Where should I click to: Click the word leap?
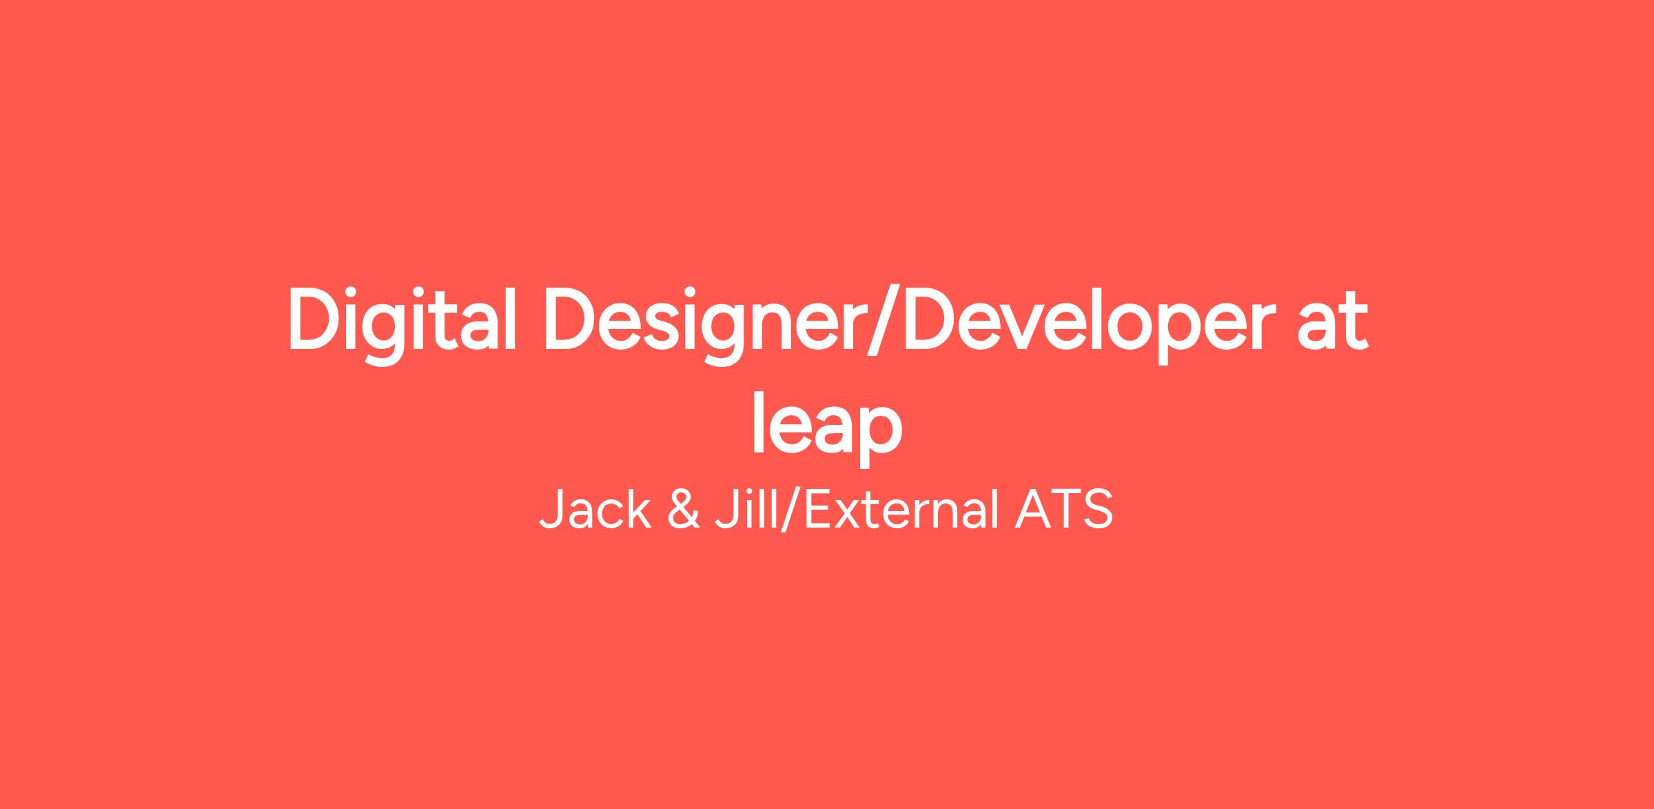coord(827,428)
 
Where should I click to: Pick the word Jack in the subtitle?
coord(595,510)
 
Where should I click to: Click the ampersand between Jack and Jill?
coord(684,510)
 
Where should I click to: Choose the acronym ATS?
coord(1063,510)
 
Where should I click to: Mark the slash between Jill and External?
coord(790,510)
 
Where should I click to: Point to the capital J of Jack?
coord(551,510)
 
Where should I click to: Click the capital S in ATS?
coord(1097,510)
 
